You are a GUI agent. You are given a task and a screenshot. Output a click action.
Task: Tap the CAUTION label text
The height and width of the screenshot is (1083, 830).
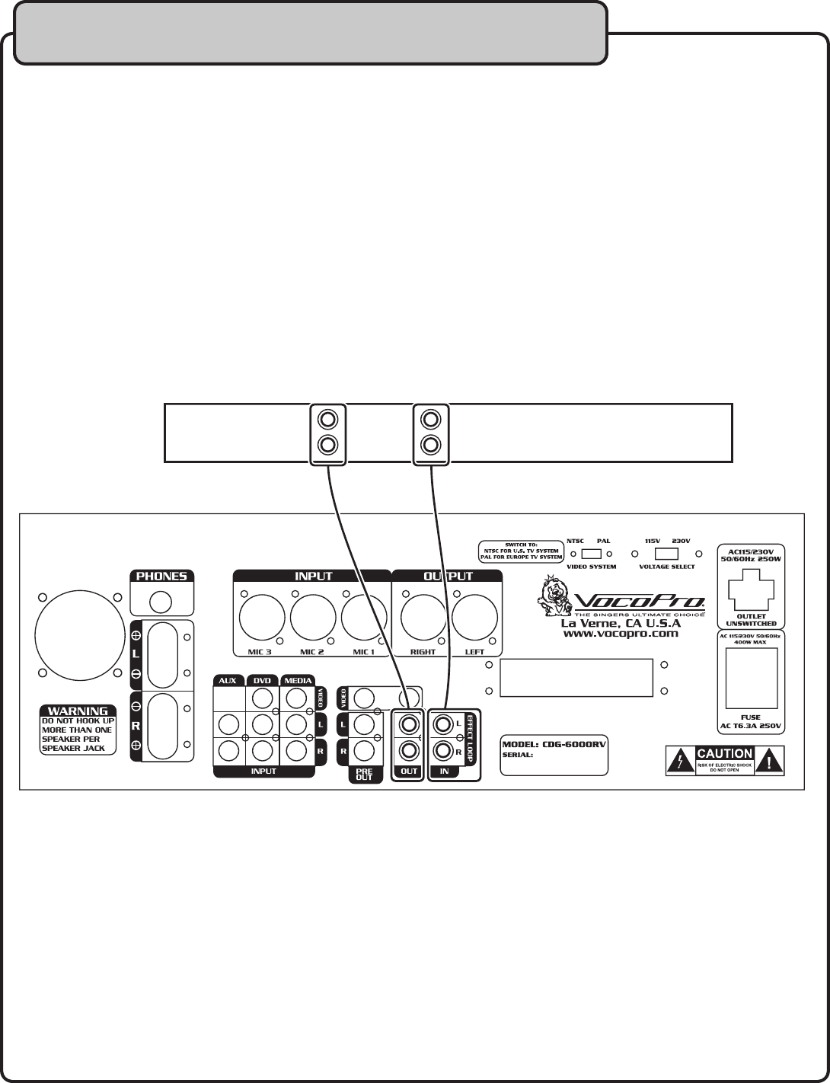click(x=724, y=753)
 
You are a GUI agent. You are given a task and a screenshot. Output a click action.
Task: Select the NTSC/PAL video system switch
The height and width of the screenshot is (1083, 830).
click(x=590, y=554)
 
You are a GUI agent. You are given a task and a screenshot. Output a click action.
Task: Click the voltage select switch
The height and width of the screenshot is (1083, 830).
click(x=666, y=554)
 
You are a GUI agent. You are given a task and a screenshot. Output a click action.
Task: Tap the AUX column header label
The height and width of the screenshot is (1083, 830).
click(x=227, y=680)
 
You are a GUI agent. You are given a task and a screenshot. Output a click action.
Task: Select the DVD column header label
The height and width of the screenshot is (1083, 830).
click(x=262, y=680)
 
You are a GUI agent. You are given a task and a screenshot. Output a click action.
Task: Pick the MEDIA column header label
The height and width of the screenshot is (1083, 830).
click(x=298, y=680)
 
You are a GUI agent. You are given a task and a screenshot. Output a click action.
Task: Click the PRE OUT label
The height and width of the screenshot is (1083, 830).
click(x=364, y=774)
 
